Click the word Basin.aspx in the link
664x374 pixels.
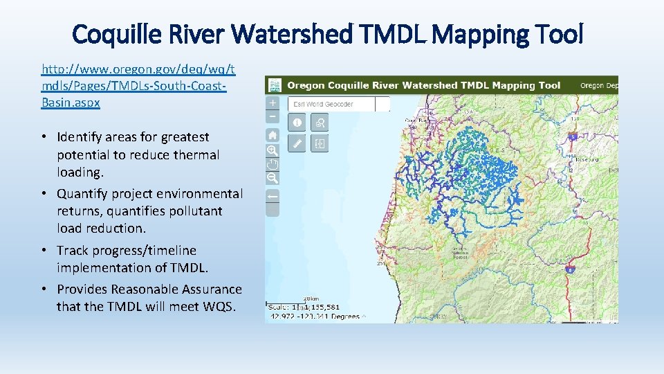coord(71,102)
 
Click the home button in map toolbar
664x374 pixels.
coord(273,135)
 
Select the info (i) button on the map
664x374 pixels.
coord(297,123)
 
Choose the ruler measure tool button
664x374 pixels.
coord(297,144)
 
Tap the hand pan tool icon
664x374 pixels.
coord(273,163)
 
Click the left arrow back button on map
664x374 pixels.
coord(273,196)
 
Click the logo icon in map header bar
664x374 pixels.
coord(275,85)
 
